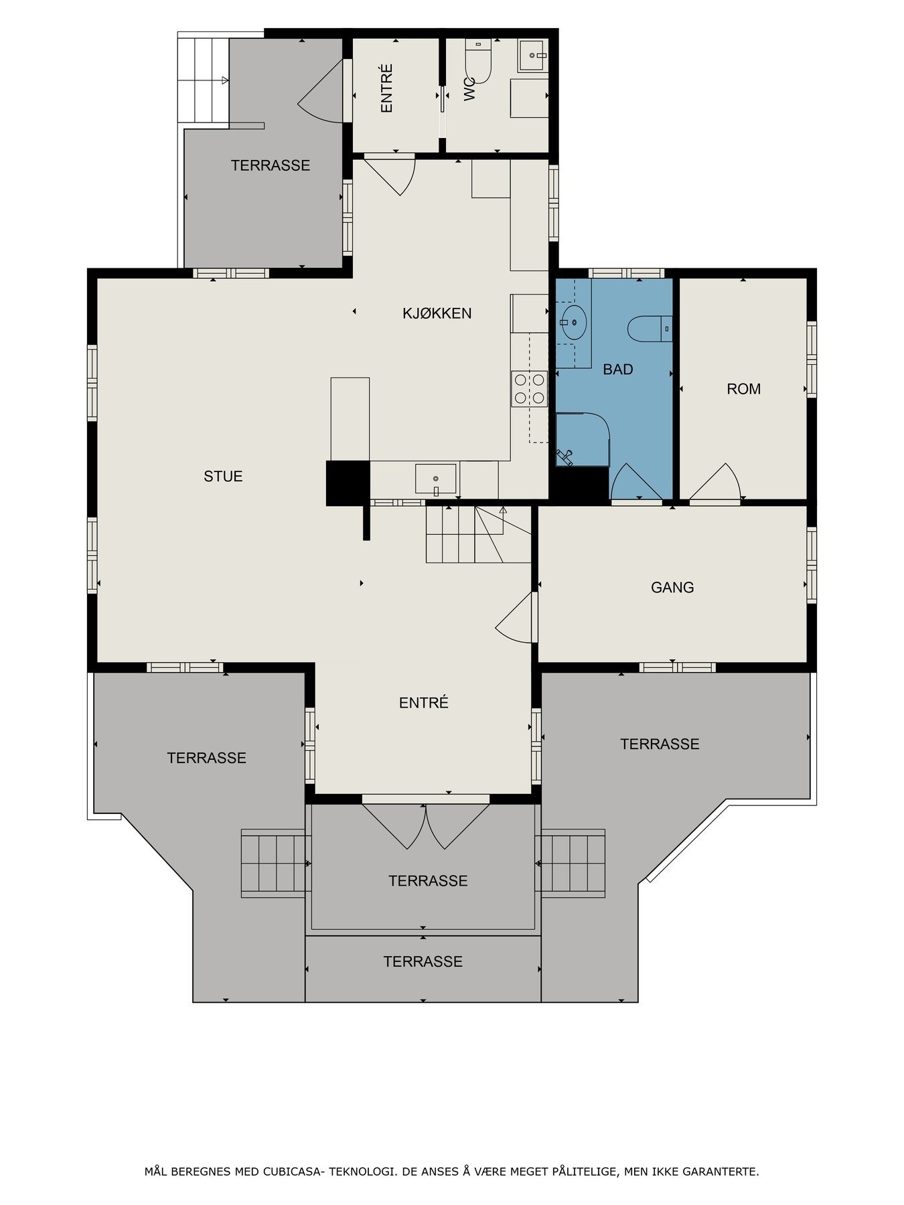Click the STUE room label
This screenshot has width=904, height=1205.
pyautogui.click(x=223, y=477)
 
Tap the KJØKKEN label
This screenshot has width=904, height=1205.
pyautogui.click(x=437, y=313)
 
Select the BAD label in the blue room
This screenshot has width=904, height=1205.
pyautogui.click(x=617, y=370)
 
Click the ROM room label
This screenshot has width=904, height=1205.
pyautogui.click(x=743, y=389)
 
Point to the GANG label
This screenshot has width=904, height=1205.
pyautogui.click(x=672, y=588)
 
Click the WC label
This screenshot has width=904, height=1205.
pyautogui.click(x=469, y=90)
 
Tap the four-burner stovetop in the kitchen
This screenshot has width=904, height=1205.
pyautogui.click(x=530, y=389)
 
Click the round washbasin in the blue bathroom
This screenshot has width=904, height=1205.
pyautogui.click(x=573, y=322)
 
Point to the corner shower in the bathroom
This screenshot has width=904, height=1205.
pyautogui.click(x=581, y=439)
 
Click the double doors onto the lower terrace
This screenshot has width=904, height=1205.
pyautogui.click(x=426, y=825)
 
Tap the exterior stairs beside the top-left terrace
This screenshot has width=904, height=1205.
pyautogui.click(x=203, y=80)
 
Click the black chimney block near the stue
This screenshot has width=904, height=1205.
pyautogui.click(x=348, y=483)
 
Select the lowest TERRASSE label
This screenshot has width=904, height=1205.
pyautogui.click(x=423, y=962)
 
